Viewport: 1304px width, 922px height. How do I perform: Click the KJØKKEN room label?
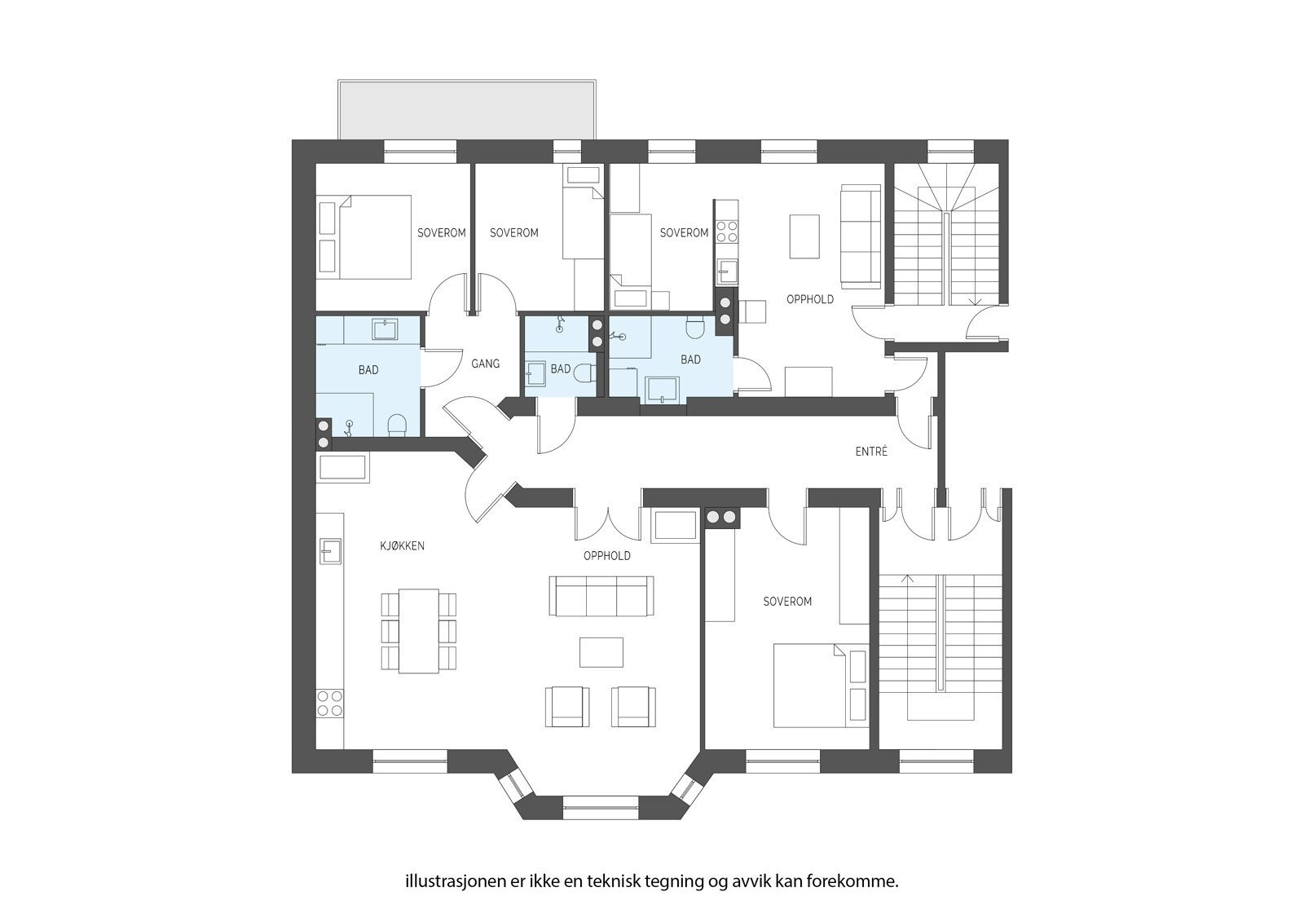coord(403,545)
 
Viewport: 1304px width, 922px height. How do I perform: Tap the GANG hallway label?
coord(486,364)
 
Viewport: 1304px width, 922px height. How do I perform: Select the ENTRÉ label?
coord(871,451)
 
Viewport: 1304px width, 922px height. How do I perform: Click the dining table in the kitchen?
coord(419,631)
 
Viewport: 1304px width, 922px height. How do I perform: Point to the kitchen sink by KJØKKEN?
coord(330,550)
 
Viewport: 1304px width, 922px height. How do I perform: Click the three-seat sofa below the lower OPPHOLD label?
coord(601,596)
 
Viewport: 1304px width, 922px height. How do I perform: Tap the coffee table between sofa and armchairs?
coord(601,652)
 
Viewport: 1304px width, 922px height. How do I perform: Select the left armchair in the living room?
coord(567,707)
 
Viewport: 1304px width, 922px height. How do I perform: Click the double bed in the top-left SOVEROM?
coord(365,236)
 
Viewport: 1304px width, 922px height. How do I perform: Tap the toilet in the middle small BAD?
coord(584,373)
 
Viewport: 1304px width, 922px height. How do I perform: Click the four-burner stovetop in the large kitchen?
coord(329,703)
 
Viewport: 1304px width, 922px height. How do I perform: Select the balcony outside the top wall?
coord(467,110)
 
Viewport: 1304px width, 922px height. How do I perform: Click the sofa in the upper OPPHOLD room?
coord(861,236)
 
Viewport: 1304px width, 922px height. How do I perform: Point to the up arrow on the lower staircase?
coord(907,579)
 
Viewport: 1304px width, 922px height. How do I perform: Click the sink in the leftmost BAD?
coord(385,329)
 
